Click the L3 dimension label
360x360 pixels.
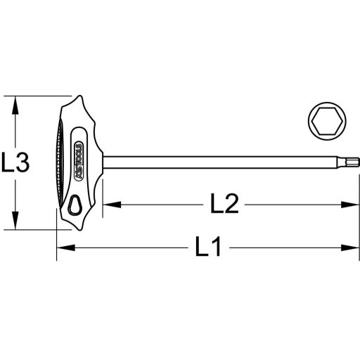(x=15, y=164)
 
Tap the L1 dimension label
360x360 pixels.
(x=208, y=247)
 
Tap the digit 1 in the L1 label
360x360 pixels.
(x=217, y=247)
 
